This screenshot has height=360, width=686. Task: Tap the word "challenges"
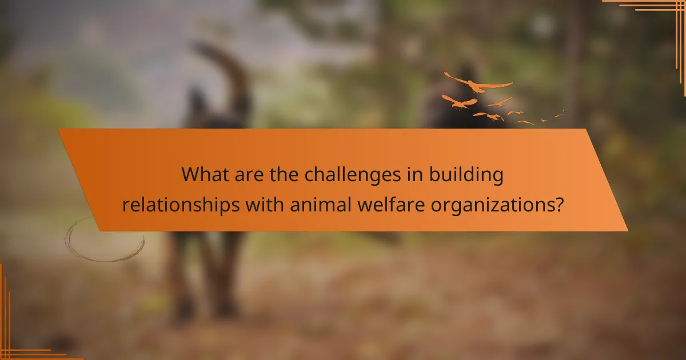coord(337,175)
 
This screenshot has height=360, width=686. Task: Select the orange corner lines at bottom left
coord(17,337)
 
